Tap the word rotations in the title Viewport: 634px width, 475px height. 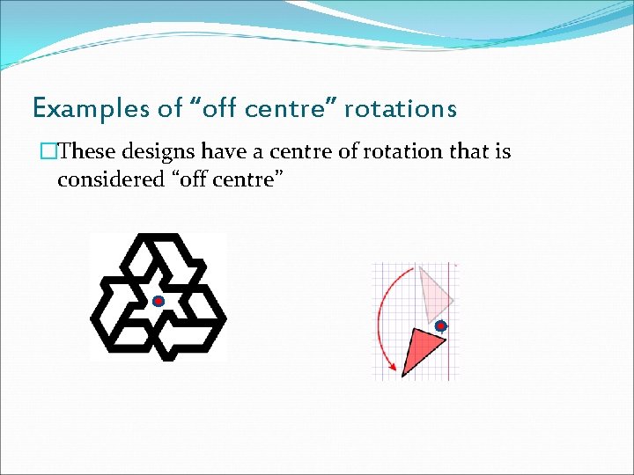(x=400, y=109)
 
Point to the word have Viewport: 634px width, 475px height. (x=225, y=151)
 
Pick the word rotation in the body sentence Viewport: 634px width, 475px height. (x=373, y=151)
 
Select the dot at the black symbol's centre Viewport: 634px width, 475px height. (x=158, y=302)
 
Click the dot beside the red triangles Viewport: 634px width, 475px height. (x=441, y=325)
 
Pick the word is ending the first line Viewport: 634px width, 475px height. (x=502, y=151)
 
